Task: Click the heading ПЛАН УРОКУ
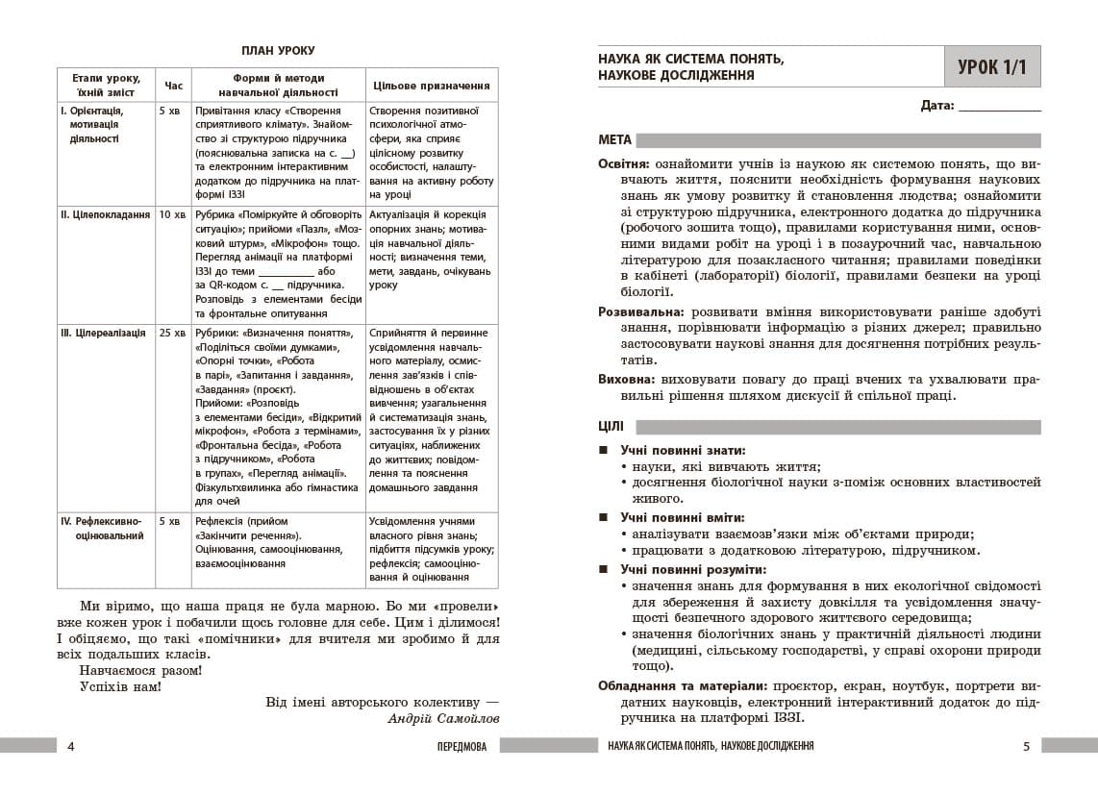[x=278, y=51]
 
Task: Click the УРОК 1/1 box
[x=992, y=67]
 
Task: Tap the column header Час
[x=173, y=86]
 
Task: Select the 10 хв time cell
[x=173, y=214]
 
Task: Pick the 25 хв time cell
[x=173, y=333]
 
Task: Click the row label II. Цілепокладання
[x=105, y=214]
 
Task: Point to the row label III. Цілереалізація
[x=103, y=333]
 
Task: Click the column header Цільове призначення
[x=431, y=86]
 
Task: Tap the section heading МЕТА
[x=615, y=139]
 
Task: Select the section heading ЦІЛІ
[x=611, y=427]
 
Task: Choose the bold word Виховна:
[x=627, y=379]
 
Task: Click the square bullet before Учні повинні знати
[x=603, y=450]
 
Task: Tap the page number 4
[x=70, y=746]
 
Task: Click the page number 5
[x=1026, y=746]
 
